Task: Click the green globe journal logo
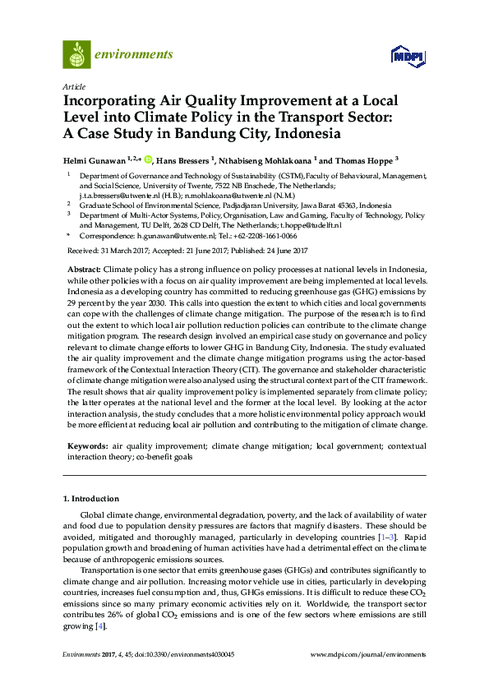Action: (76, 54)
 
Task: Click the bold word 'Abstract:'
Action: (83, 270)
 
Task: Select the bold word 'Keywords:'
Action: (86, 445)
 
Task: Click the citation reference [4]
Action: (100, 626)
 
